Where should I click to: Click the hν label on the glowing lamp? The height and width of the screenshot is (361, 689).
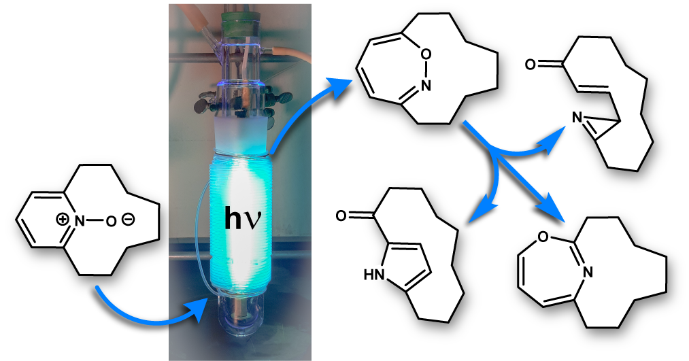(243, 219)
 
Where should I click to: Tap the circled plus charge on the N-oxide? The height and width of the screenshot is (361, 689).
(62, 219)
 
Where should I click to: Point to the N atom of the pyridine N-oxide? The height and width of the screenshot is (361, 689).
(79, 220)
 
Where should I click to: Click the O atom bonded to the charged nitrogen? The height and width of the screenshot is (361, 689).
(110, 221)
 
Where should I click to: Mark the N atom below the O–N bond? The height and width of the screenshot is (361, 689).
(425, 85)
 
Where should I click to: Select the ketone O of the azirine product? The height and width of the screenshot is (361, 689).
(531, 65)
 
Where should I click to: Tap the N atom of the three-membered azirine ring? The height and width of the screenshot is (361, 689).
(577, 118)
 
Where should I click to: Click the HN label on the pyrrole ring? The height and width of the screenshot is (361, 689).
(374, 275)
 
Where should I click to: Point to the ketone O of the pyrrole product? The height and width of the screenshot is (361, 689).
(341, 216)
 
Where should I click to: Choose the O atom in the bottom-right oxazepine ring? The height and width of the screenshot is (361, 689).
(543, 237)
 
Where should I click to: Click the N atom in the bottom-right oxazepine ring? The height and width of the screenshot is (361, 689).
(588, 273)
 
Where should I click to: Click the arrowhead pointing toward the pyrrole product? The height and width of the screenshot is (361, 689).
(480, 210)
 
